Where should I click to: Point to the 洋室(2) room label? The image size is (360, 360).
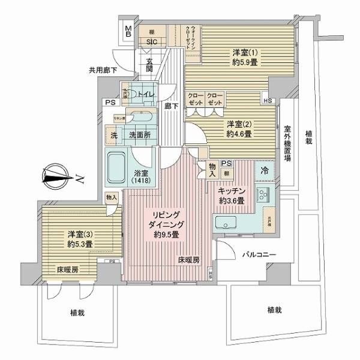[x=239, y=129]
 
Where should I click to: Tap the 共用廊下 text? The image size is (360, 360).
[x=103, y=70]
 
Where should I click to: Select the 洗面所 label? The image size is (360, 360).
[x=139, y=135]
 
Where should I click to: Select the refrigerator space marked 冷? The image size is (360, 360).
[x=265, y=171]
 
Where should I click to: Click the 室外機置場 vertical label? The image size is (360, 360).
[x=287, y=143]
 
